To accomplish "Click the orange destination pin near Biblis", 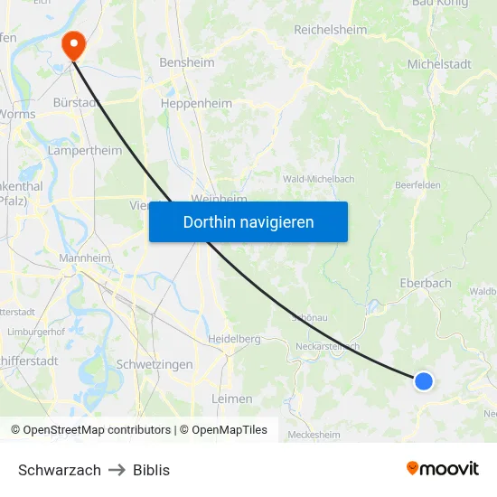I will click(x=72, y=44).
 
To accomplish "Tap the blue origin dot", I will click(x=423, y=381).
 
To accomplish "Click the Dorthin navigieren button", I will click(x=248, y=221).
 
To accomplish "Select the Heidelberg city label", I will click(x=233, y=339).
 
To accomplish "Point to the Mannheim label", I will click(x=84, y=258).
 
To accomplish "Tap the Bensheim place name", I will click(x=187, y=63).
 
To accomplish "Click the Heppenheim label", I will click(x=196, y=104).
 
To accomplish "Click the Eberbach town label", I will click(x=425, y=283).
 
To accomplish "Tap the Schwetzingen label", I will click(x=155, y=364).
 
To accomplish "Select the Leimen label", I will click(x=231, y=399).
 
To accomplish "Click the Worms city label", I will click(x=18, y=115).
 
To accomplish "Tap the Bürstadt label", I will click(x=76, y=103).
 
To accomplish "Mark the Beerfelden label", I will click(x=417, y=185).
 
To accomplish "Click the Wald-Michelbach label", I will click(x=318, y=179).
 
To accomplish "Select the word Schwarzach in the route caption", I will click(x=60, y=470).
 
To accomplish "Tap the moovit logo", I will click(x=442, y=468).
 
